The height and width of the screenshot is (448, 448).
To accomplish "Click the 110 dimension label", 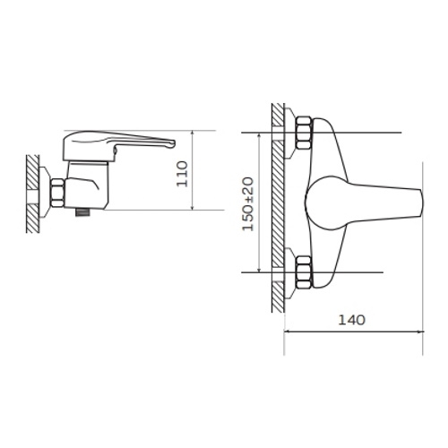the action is click(182, 174).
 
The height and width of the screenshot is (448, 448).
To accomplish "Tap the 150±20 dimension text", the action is click(248, 204).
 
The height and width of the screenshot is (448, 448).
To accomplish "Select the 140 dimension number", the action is click(351, 320).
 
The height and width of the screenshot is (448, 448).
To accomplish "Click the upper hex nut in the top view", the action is click(304, 133).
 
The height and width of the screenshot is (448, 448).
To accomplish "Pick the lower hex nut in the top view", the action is click(304, 272).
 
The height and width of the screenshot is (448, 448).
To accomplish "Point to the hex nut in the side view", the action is click(57, 193).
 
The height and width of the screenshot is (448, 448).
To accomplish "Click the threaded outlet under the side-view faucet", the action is click(82, 213).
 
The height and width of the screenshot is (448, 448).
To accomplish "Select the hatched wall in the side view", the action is click(32, 194).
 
